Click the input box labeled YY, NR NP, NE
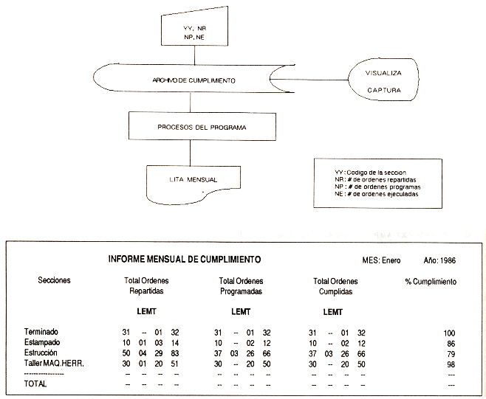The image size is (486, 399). pyautogui.click(x=194, y=32)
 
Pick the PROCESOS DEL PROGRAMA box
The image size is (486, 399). pyautogui.click(x=191, y=127)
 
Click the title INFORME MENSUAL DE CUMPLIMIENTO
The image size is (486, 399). pyautogui.click(x=184, y=260)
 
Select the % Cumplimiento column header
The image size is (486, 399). pyautogui.click(x=431, y=282)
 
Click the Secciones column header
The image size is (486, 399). pyautogui.click(x=56, y=282)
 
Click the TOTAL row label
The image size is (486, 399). pyautogui.click(x=35, y=384)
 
